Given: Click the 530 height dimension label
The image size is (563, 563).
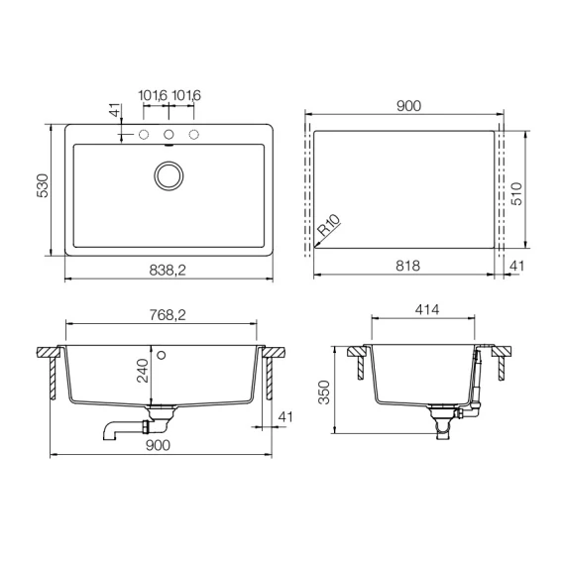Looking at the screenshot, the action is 43,185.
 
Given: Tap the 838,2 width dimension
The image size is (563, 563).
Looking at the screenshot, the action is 168,270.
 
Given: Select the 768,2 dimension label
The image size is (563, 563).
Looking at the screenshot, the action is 168,315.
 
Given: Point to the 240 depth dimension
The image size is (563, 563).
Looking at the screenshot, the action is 143,371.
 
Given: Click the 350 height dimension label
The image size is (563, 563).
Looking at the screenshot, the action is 324,393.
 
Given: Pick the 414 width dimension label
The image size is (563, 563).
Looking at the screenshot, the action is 427,309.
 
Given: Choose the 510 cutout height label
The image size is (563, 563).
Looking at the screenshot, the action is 516,194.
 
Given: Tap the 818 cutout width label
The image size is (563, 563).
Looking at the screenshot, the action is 408,266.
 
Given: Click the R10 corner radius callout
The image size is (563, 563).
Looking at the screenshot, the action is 329,225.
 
